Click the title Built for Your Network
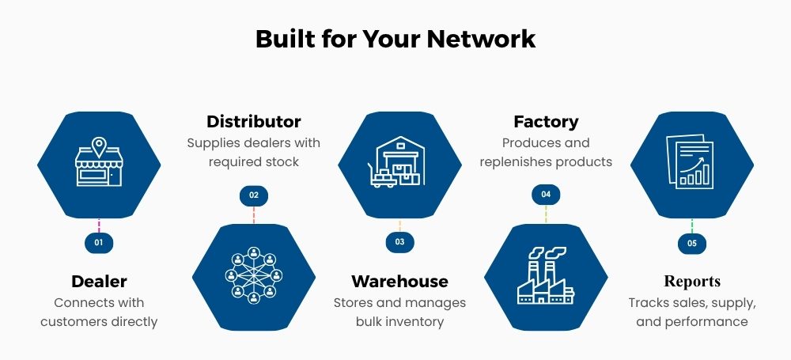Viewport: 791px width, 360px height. click(395, 39)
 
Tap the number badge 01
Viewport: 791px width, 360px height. click(99, 243)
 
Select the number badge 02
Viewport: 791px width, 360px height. click(254, 195)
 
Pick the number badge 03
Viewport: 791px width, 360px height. click(399, 242)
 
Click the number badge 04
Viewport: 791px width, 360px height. click(546, 195)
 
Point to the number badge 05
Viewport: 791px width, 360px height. click(692, 244)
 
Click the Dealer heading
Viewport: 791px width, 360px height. click(99, 282)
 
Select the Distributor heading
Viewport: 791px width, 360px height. click(254, 122)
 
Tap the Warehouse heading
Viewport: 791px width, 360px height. click(399, 282)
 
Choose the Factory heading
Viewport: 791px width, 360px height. click(546, 122)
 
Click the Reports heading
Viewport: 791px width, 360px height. click(692, 282)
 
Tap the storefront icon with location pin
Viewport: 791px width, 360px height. click(99, 165)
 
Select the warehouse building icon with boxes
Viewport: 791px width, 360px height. click(399, 163)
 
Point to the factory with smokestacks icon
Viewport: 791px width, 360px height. click(546, 275)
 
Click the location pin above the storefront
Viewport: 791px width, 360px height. click(99, 146)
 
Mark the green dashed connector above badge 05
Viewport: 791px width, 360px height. click(692, 227)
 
